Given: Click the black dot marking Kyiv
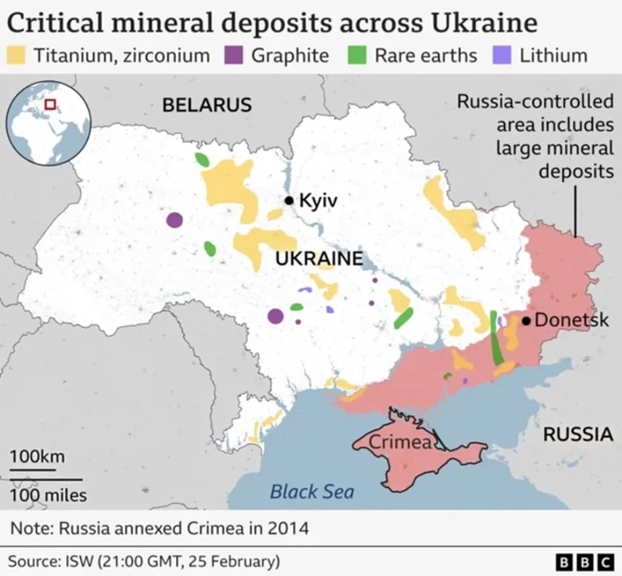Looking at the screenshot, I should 289,200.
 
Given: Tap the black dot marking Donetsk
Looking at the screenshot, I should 526,321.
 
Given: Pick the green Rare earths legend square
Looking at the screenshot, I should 358,55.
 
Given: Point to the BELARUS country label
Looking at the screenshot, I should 207,105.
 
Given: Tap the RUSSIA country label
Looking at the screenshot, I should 578,433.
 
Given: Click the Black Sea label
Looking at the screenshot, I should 312,492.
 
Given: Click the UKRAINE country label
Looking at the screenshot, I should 318,259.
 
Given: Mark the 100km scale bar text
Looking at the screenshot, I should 37,456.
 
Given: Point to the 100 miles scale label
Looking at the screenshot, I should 48,495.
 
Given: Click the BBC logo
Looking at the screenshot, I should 585,562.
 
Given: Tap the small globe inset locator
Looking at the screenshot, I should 48,124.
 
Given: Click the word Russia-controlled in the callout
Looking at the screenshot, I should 535,102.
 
